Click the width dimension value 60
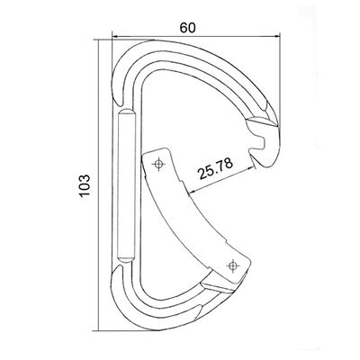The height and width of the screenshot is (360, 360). [x=188, y=28]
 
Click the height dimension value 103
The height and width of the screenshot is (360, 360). [x=85, y=185]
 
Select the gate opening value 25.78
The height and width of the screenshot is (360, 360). [x=215, y=168]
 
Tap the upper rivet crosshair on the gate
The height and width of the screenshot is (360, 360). [x=158, y=164]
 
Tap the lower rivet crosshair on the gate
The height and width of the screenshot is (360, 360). [x=232, y=265]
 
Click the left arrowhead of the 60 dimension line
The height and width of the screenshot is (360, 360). [x=114, y=37]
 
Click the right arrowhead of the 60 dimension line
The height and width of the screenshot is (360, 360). [x=276, y=37]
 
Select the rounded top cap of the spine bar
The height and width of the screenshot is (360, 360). [x=127, y=113]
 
